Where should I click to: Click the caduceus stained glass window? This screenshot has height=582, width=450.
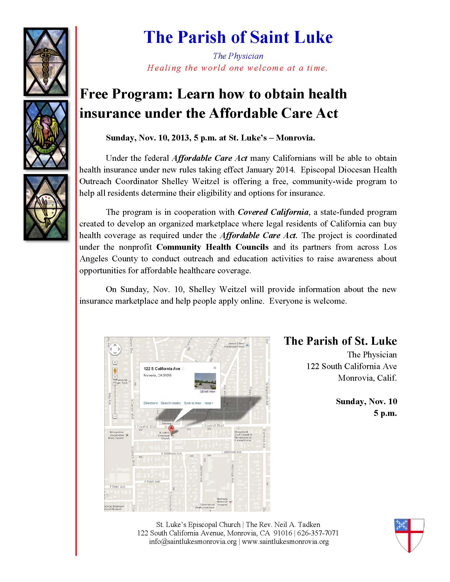[46, 62]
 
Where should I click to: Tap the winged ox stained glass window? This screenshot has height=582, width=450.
[46, 135]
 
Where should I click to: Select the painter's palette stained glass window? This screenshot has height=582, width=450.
[46, 207]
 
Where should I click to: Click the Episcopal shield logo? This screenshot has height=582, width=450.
[409, 535]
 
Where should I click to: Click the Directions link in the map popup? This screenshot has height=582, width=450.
[151, 403]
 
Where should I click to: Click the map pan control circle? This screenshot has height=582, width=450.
[115, 349]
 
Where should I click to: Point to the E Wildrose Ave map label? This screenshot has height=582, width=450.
[172, 453]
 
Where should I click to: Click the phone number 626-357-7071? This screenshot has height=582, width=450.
[318, 533]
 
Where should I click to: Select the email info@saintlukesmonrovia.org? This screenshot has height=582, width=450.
[193, 542]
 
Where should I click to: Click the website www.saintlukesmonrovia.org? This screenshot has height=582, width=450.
[285, 542]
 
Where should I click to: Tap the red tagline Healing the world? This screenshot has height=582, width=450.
[237, 68]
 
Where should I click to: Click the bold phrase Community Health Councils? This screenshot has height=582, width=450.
[213, 247]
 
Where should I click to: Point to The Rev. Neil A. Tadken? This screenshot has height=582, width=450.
[283, 524]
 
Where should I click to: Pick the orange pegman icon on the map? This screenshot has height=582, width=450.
[115, 371]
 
